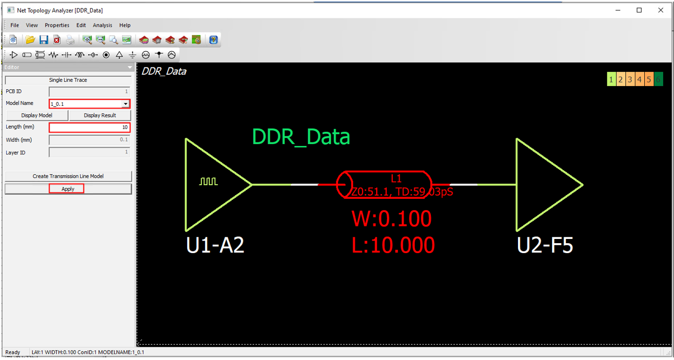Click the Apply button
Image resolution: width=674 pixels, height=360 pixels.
[x=68, y=189]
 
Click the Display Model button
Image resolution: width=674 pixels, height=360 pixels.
[x=37, y=115]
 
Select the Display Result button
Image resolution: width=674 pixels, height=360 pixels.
[x=100, y=115]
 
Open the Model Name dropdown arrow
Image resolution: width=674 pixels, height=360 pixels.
[x=125, y=104]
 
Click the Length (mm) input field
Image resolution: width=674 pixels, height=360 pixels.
[x=89, y=127]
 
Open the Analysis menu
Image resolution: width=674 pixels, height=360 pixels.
[x=102, y=25]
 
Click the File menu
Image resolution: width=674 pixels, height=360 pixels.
[x=15, y=25]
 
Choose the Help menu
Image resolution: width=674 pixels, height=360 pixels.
[x=125, y=25]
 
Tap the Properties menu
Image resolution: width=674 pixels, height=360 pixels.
[x=57, y=25]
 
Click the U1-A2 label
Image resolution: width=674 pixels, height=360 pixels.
[x=215, y=245]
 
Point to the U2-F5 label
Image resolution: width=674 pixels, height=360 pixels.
[x=545, y=245]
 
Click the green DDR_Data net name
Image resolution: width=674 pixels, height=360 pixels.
[x=301, y=137]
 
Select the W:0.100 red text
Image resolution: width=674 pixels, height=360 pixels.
[x=392, y=219]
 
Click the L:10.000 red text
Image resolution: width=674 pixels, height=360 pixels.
[x=393, y=245]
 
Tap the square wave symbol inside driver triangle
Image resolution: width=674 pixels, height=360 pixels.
[x=208, y=182]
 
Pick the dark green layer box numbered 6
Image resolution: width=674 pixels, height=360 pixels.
[x=658, y=79]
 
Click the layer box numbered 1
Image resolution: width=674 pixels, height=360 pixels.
[x=611, y=79]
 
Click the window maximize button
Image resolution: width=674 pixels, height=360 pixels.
[x=639, y=10]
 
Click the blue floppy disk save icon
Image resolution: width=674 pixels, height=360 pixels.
[x=43, y=40]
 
